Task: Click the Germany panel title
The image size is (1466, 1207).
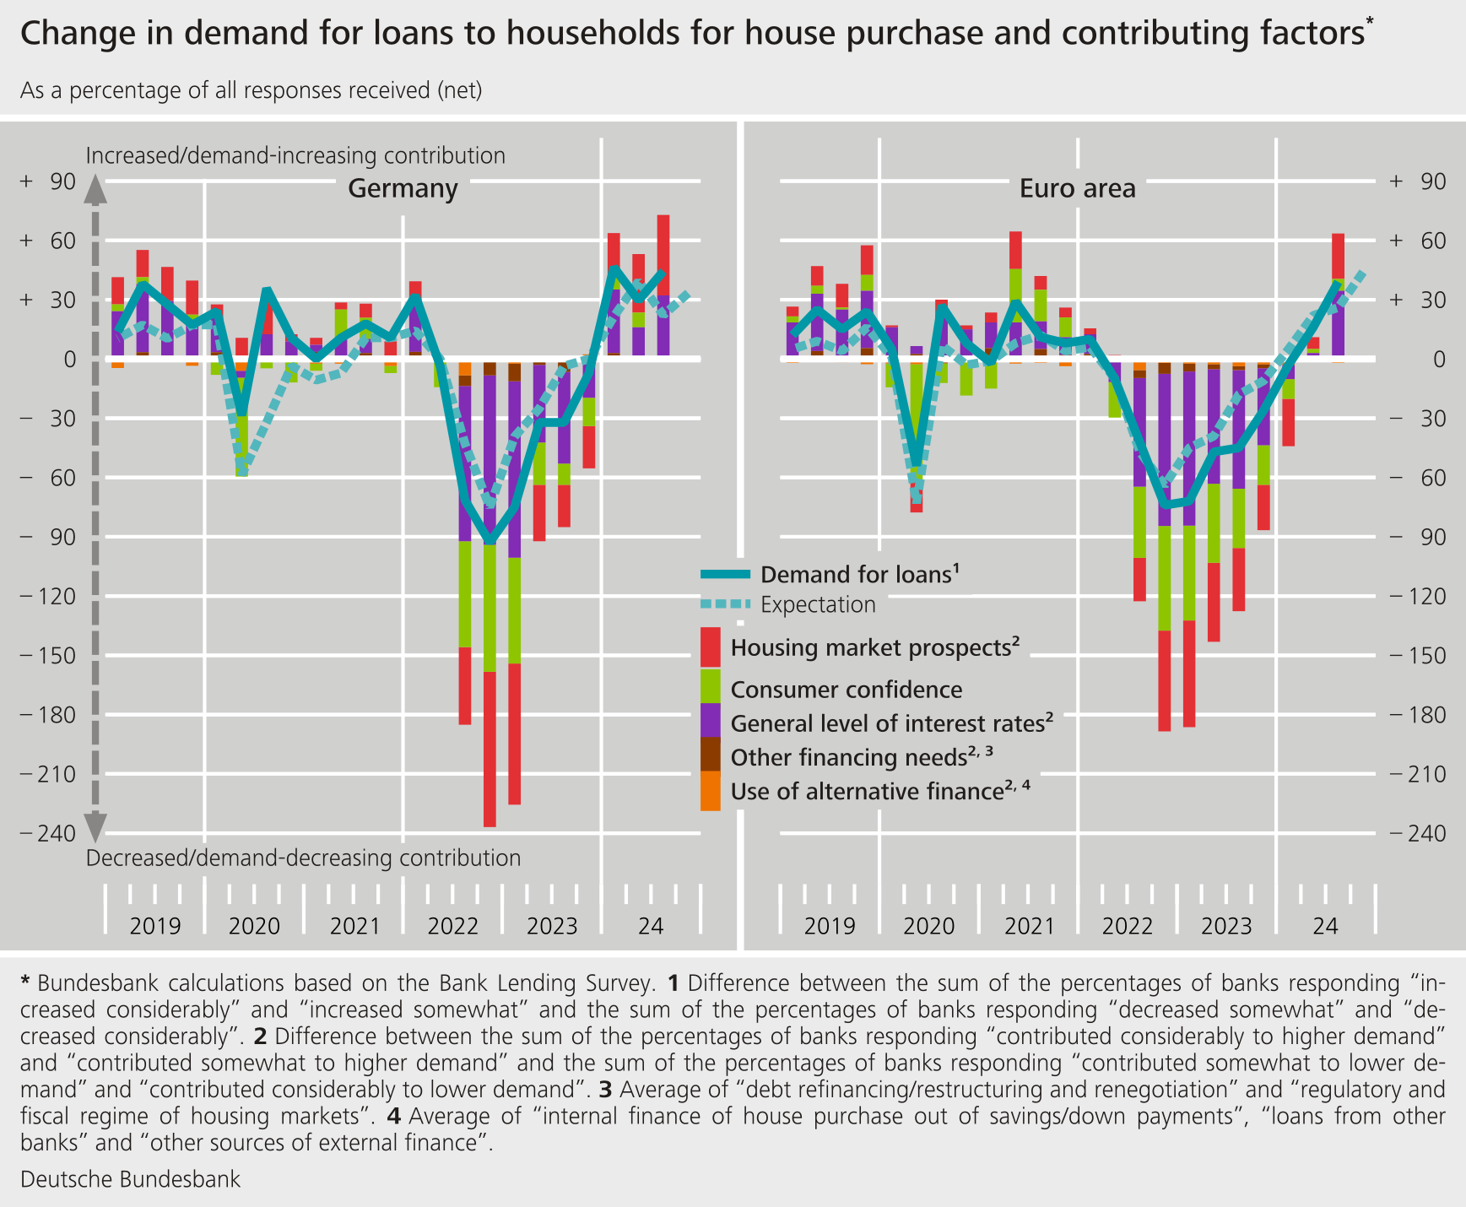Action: point(403,188)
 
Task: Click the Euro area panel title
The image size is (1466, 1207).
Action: point(1077,188)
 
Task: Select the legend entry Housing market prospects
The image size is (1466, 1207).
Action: point(874,648)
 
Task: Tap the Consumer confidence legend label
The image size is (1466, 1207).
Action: point(846,690)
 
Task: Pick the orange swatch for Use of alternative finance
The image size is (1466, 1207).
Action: point(711,791)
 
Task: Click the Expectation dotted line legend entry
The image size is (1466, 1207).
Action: point(817,605)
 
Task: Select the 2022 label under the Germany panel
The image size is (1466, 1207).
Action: point(453,927)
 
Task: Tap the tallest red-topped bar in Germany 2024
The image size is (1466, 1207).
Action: point(663,253)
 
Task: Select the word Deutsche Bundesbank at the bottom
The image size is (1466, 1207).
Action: point(130,1179)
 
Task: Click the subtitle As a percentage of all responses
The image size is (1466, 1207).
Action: point(251,90)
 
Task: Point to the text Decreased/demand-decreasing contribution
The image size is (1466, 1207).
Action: point(303,858)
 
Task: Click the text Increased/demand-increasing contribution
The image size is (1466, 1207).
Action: point(295,156)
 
